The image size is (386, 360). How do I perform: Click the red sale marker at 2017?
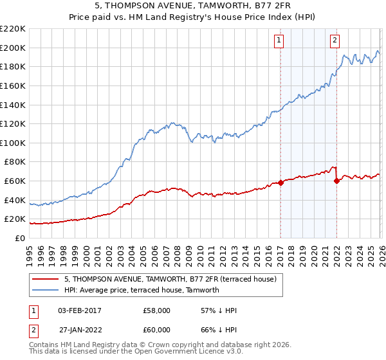280,183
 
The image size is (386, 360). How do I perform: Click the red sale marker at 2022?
336,181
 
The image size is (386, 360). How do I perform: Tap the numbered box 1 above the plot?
279,40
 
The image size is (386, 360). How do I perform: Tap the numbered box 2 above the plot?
335,40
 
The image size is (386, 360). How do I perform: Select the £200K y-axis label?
13,48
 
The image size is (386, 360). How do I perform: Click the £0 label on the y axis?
19,238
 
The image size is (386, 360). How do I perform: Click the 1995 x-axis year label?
30,251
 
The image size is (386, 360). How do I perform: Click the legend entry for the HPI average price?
142,290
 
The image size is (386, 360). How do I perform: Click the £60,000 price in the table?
157,329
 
